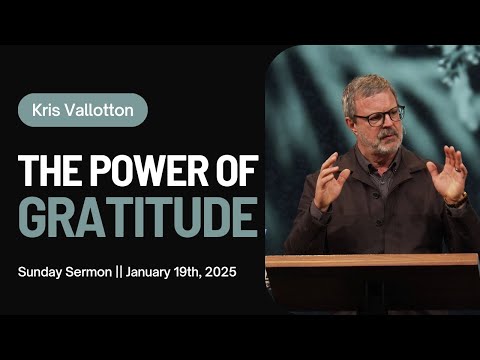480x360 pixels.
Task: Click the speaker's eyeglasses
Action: [378, 115]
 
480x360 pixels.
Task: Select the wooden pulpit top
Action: [371, 260]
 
